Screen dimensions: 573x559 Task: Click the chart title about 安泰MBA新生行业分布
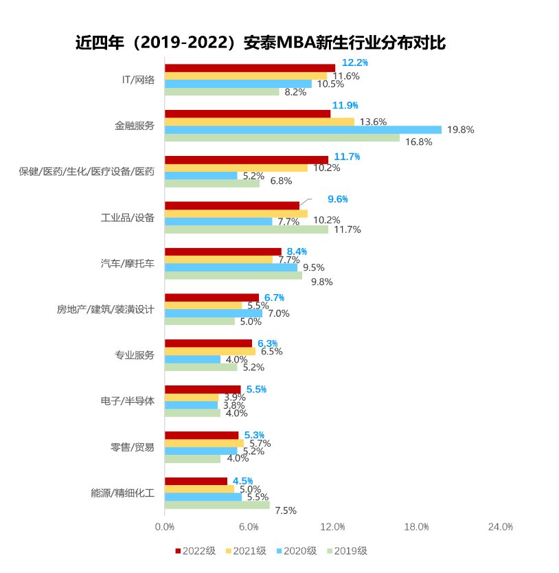click(260, 43)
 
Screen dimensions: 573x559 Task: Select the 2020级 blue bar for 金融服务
click(303, 129)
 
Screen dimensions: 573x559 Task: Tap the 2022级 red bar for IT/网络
click(250, 68)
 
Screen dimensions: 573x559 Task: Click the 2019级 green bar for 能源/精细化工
click(217, 505)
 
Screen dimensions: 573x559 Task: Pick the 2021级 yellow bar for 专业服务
click(210, 351)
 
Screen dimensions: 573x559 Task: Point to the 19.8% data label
click(460, 129)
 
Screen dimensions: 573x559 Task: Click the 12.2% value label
click(355, 63)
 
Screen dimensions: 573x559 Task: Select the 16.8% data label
click(419, 142)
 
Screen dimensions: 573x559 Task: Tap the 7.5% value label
click(285, 510)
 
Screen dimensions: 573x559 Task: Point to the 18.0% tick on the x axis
click(417, 527)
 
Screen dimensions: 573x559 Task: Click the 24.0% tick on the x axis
click(501, 527)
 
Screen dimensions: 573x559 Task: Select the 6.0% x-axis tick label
click(249, 527)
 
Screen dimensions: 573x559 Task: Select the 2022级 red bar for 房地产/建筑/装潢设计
click(212, 297)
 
